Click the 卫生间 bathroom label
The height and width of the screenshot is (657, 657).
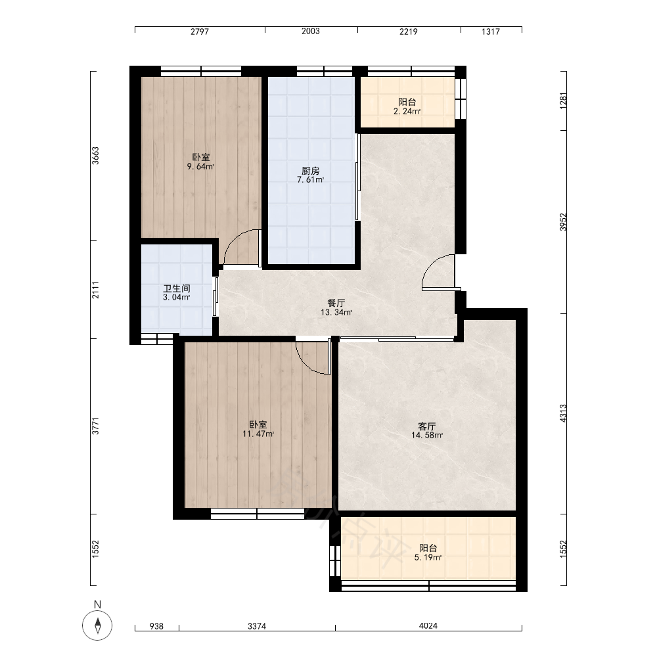176,288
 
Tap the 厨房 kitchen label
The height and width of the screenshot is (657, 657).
311,171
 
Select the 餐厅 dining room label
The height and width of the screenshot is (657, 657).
336,303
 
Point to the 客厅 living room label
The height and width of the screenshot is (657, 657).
427,426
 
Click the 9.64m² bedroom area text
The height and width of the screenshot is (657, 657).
200,167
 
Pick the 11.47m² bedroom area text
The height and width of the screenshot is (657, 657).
258,434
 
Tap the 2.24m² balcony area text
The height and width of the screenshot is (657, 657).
407,112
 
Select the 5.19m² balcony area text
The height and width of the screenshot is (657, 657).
428,558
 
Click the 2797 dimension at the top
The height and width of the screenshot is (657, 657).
200,32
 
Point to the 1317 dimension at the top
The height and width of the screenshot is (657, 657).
491,32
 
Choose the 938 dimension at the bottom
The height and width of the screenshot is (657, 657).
156,626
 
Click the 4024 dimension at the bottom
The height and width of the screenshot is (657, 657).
428,626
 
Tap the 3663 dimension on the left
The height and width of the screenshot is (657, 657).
95,156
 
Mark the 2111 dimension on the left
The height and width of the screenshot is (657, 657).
95,290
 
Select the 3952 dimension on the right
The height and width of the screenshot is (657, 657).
563,222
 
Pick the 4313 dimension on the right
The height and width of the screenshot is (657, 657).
563,413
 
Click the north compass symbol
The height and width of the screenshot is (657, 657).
97,625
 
